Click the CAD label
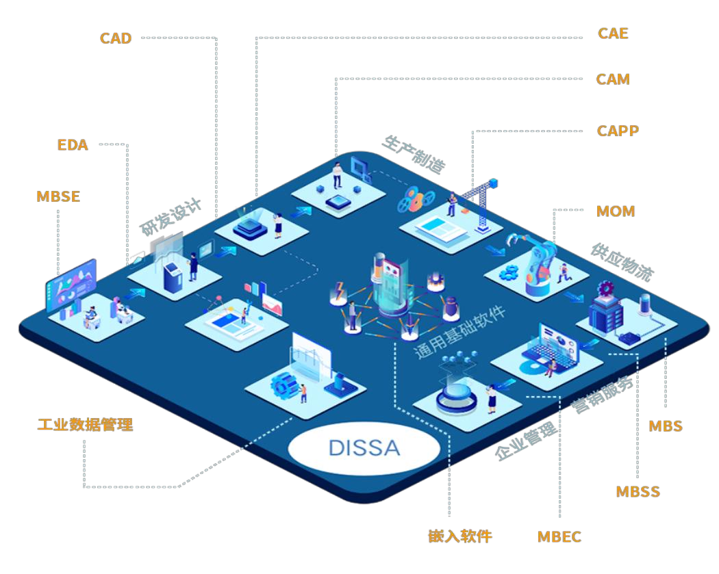tap(116, 38)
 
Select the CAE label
tap(613, 34)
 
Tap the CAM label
tap(613, 79)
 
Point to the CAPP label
tap(618, 131)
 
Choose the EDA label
tap(73, 145)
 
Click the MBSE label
tap(58, 197)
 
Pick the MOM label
tap(616, 211)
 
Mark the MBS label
tap(666, 426)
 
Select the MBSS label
tap(638, 491)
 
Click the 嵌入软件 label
tap(460, 536)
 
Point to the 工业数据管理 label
tap(85, 425)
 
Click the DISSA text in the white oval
tap(364, 448)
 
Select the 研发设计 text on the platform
tap(171, 218)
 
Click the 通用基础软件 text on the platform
tap(459, 333)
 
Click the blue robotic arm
tap(531, 263)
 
